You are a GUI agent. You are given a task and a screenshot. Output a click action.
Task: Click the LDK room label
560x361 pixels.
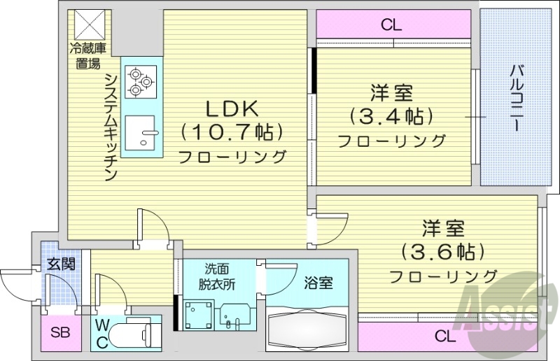(232, 108)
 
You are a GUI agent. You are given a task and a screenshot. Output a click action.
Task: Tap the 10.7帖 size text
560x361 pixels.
(232, 132)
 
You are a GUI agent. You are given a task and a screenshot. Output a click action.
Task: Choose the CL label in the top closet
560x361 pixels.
(391, 26)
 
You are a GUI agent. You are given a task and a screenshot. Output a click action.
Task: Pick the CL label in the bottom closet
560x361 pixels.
(444, 337)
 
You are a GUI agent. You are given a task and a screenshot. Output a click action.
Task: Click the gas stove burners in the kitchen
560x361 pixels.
(139, 81)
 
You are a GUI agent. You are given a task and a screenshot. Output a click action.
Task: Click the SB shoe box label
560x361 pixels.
(59, 332)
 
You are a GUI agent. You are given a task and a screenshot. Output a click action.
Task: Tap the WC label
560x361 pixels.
(102, 332)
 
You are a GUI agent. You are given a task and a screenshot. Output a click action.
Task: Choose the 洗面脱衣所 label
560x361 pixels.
(214, 276)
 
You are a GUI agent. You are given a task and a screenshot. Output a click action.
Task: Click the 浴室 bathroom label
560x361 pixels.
(318, 283)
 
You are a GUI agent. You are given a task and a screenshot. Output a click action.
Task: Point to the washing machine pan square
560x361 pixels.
(197, 313)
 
